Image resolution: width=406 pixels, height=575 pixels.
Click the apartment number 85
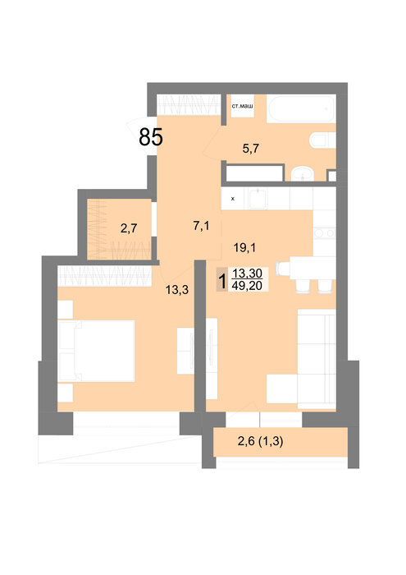150,137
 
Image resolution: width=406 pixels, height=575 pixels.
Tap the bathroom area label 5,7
251,148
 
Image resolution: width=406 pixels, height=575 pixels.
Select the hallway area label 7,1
201,226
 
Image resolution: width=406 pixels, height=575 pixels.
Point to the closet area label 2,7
129,228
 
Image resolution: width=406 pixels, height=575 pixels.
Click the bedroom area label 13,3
177,290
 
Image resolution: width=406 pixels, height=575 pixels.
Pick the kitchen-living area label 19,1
245,248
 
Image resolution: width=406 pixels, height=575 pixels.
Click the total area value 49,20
247,285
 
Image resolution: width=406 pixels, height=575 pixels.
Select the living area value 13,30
248,274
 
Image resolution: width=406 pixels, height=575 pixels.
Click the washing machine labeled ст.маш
242,106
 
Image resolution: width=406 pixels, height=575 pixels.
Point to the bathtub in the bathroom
301,108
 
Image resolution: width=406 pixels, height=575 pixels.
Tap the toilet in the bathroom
322,140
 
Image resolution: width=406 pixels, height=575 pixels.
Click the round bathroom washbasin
303,174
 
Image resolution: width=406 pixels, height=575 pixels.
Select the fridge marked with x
234,199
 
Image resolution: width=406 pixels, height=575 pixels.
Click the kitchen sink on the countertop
258,199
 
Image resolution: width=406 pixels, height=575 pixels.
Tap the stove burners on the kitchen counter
324,233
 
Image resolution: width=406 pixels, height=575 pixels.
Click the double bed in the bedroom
96,351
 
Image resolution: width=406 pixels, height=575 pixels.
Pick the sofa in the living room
317,359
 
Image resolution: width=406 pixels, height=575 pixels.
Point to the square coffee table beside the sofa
281,389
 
